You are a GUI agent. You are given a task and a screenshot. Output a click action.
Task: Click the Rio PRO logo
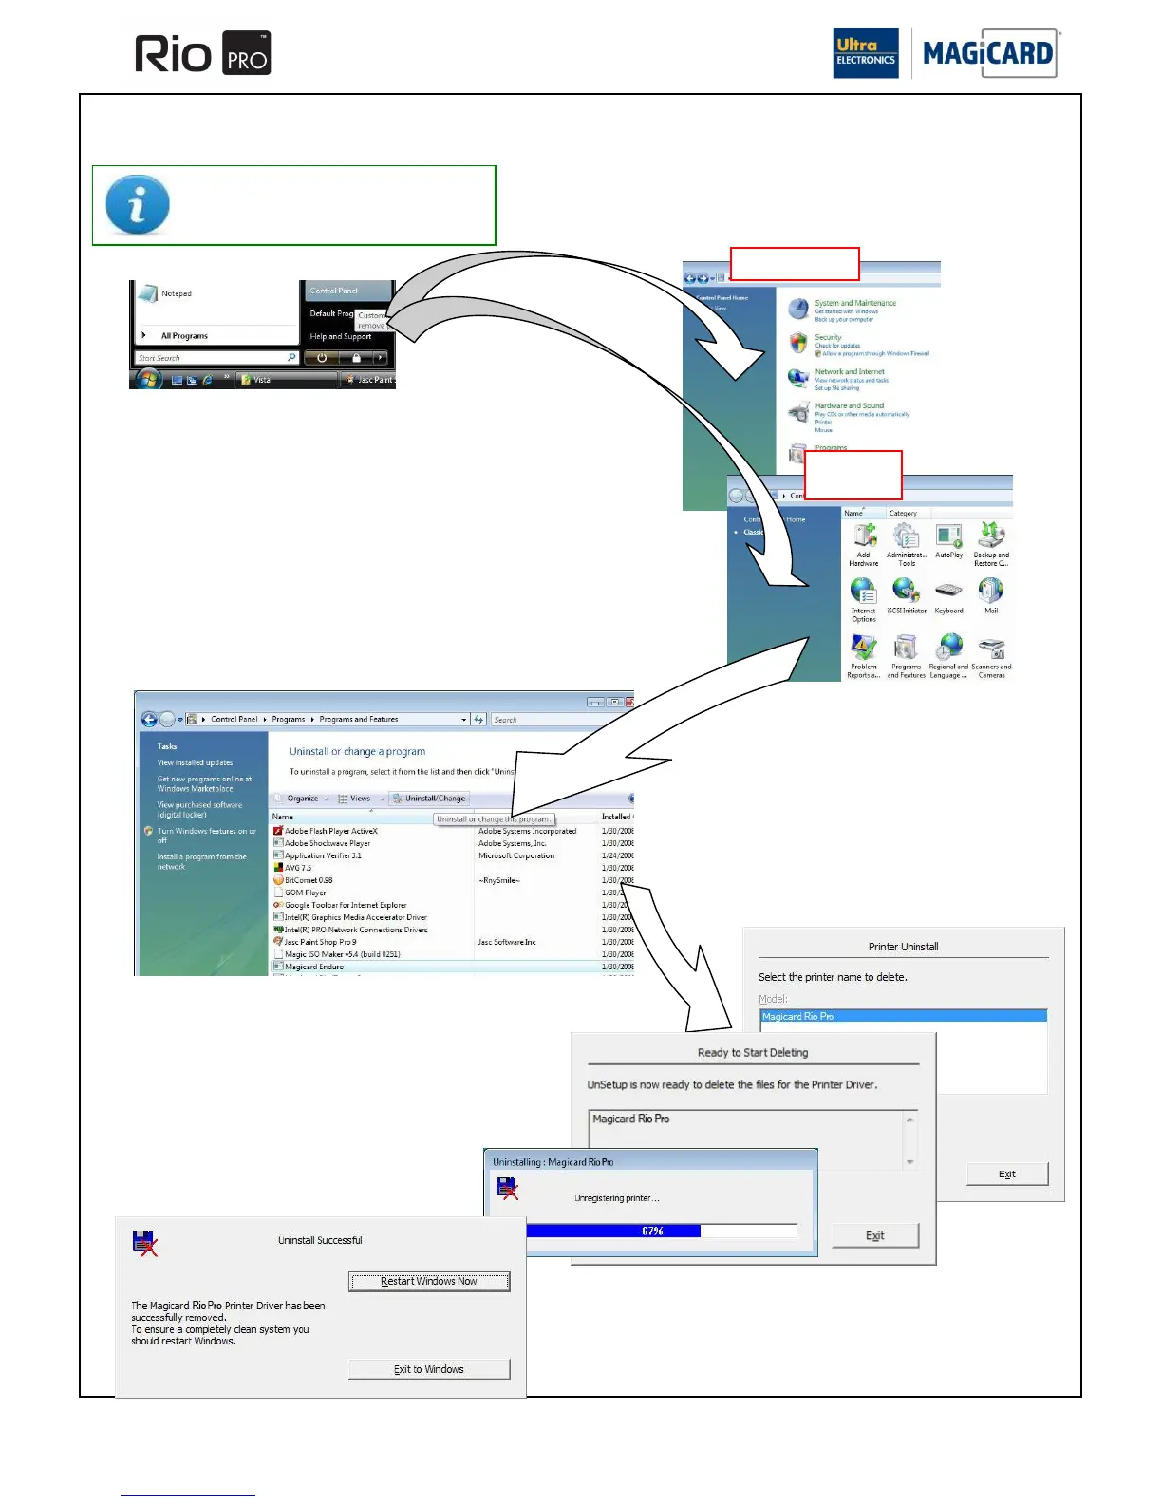[x=202, y=53]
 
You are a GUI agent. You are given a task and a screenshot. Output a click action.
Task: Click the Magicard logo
[x=988, y=53]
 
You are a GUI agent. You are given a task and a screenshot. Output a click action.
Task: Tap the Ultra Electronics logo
[x=865, y=53]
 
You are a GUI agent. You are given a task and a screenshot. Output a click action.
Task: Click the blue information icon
[x=138, y=204]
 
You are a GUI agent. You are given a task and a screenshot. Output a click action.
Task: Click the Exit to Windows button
[x=429, y=1369]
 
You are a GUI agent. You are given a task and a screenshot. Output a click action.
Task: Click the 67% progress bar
[x=652, y=1231]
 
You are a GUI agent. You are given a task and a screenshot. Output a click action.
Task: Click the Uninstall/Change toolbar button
[x=430, y=799]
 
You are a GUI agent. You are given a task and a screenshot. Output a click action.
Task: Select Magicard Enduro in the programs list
[x=314, y=967]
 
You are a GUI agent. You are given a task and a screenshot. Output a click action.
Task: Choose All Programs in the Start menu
[x=184, y=336]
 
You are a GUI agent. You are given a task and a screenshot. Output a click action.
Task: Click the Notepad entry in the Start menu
[x=176, y=294]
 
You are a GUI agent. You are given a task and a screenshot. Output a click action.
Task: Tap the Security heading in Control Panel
[x=828, y=337]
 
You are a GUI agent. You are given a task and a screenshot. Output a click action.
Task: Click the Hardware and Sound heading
[x=849, y=405]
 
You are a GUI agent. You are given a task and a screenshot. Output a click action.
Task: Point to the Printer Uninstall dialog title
[x=903, y=947]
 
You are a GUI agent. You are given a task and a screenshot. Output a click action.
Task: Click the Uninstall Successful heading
[x=320, y=1240]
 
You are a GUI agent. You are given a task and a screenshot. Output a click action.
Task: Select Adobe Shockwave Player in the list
[x=328, y=843]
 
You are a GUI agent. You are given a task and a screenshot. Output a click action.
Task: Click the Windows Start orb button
[x=148, y=380]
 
